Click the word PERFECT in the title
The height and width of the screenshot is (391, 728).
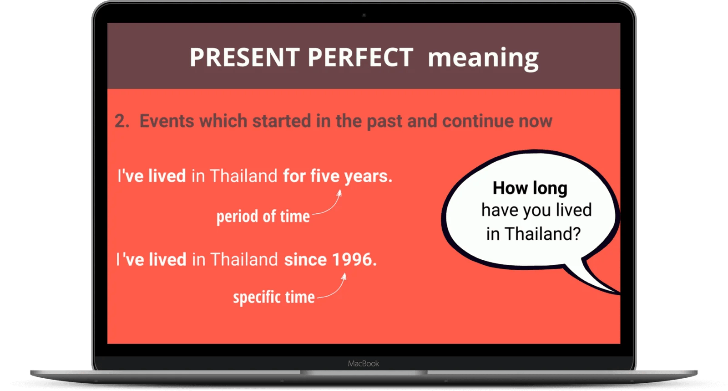pyautogui.click(x=360, y=58)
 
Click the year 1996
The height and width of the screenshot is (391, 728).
pyautogui.click(x=353, y=260)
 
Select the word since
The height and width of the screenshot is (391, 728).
pyautogui.click(x=305, y=260)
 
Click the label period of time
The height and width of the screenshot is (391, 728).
pyautogui.click(x=263, y=216)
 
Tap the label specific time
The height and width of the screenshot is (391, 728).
pyautogui.click(x=273, y=297)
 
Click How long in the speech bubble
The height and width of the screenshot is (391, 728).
pyautogui.click(x=530, y=188)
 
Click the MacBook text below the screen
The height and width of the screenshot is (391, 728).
pyautogui.click(x=363, y=364)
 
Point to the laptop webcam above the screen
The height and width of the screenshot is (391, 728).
pyautogui.click(x=364, y=15)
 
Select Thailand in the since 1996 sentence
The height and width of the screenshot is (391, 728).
pyautogui.click(x=244, y=260)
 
